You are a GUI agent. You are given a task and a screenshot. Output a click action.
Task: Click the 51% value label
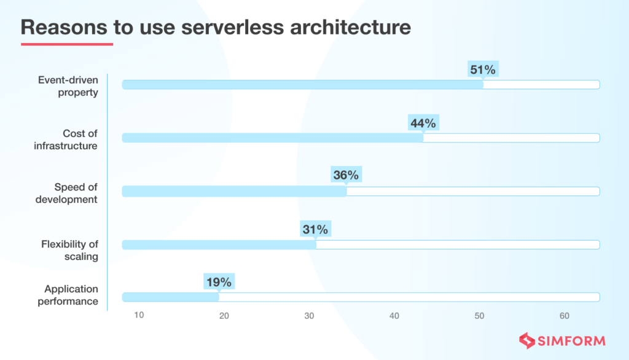(x=482, y=70)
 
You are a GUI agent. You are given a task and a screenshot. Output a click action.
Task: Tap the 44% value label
(x=423, y=123)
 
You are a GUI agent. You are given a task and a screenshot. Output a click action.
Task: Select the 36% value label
(x=346, y=175)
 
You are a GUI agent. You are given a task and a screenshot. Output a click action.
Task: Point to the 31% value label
(x=315, y=230)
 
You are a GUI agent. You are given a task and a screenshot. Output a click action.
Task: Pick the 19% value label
(x=218, y=283)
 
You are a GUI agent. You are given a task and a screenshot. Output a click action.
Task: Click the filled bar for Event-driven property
(x=302, y=85)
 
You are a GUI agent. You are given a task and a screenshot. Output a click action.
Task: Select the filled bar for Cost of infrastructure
(x=273, y=138)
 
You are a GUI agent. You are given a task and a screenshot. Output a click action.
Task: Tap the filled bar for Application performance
(x=170, y=297)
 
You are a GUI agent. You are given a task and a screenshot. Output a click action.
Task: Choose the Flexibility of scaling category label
(x=70, y=250)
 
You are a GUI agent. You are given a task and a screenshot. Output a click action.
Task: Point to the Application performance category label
(x=68, y=295)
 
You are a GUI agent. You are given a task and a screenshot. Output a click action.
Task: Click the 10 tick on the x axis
(x=139, y=316)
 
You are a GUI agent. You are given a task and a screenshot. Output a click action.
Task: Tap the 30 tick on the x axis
(x=309, y=316)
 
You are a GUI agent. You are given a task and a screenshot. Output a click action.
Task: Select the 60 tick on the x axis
(x=565, y=316)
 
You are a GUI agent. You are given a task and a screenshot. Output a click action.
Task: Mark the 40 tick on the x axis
(x=394, y=316)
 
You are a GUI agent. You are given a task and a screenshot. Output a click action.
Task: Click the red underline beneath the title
(x=67, y=44)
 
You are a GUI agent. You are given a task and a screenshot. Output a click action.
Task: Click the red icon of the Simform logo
(x=526, y=340)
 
